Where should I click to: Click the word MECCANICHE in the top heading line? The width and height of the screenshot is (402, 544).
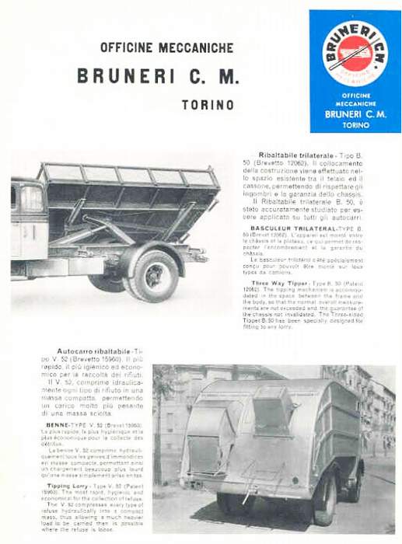point(196,47)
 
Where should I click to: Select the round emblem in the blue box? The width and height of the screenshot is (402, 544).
point(355,53)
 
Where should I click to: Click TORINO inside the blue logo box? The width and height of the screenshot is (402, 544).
point(355,124)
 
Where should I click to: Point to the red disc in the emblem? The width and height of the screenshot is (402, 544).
point(355,52)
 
